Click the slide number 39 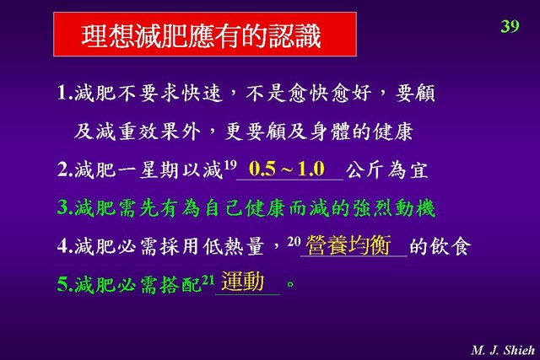(x=510, y=26)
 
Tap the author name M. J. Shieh (x=503, y=350)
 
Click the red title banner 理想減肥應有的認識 (x=205, y=34)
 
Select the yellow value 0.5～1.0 (x=287, y=169)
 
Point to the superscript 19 (x=230, y=165)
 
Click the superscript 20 (x=294, y=241)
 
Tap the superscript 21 (x=208, y=279)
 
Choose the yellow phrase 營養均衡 (x=348, y=245)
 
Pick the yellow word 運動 (x=243, y=282)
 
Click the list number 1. (x=62, y=93)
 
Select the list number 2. (x=63, y=169)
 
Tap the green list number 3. (x=63, y=207)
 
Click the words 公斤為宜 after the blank (x=387, y=169)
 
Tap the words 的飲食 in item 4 (x=440, y=246)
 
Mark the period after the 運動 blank (x=290, y=284)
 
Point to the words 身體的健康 (x=361, y=132)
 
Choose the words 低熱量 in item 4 (x=234, y=246)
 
